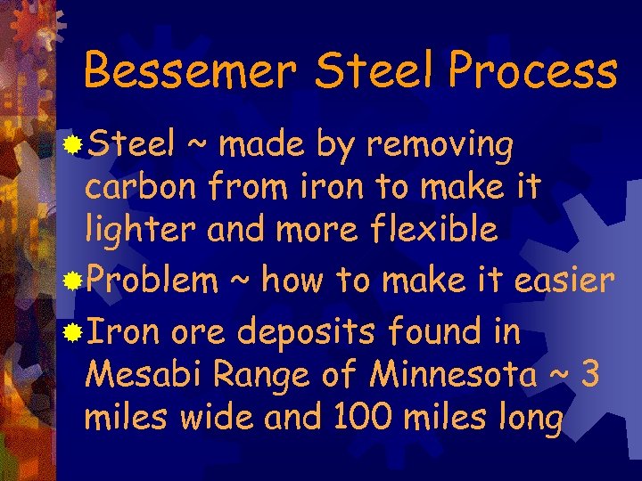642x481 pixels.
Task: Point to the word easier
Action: tap(564, 282)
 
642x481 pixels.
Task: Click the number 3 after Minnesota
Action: tap(589, 375)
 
